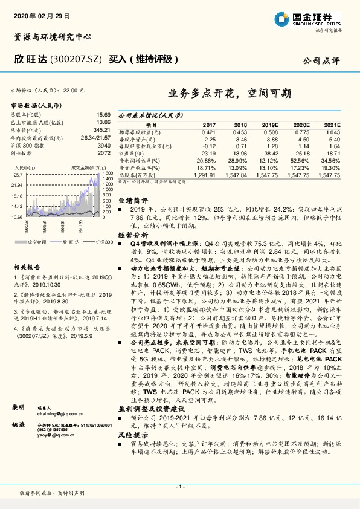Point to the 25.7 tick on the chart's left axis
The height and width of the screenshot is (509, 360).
17,175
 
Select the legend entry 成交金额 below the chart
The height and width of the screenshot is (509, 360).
37,241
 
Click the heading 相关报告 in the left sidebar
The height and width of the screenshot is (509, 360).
27,265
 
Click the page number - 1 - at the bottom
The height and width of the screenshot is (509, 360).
179,486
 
